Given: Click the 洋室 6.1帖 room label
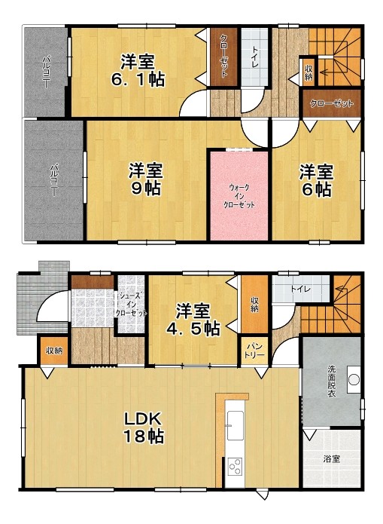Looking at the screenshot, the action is (x=138, y=71).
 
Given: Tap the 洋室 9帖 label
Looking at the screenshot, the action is (x=146, y=179).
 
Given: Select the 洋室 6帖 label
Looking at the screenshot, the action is (x=316, y=180).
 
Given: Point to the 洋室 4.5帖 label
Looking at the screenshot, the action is (x=193, y=320).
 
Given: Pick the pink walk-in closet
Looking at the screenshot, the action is (x=239, y=195).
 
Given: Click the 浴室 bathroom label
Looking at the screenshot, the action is (x=332, y=459).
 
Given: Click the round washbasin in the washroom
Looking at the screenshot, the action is (x=354, y=379).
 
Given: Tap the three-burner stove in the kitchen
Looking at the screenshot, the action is (x=235, y=466).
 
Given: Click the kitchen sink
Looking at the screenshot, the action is (x=235, y=425).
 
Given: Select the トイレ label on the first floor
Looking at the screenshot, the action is (x=300, y=289).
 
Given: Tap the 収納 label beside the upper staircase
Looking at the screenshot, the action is (x=309, y=73).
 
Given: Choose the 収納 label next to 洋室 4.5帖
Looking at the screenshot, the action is (x=254, y=304).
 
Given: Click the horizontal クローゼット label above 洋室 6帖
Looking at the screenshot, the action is (x=331, y=103).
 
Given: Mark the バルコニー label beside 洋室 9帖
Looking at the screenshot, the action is (x=53, y=179).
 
